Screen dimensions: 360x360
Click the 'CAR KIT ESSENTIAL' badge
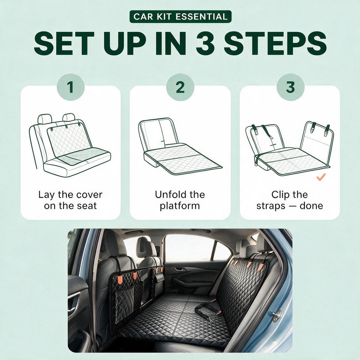180,17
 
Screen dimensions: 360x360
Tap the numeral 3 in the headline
206,44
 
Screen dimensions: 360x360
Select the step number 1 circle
71,87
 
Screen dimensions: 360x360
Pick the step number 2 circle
180,87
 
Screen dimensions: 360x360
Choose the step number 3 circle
291,87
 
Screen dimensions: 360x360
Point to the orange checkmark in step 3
321,177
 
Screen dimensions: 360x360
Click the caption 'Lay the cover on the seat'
70,200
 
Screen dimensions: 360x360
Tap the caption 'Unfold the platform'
180,200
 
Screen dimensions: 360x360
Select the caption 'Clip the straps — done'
290,200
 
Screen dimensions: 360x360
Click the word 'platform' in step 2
180,206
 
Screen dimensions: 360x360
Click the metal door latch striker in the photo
276,316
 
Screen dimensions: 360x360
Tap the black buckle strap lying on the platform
207,311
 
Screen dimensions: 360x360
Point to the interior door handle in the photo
179,269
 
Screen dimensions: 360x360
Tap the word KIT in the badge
163,17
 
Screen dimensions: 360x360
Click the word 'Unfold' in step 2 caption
170,195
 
